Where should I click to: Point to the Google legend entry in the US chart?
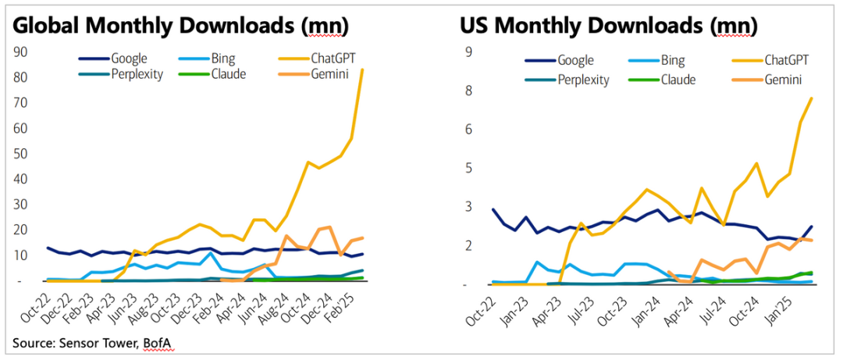575,60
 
